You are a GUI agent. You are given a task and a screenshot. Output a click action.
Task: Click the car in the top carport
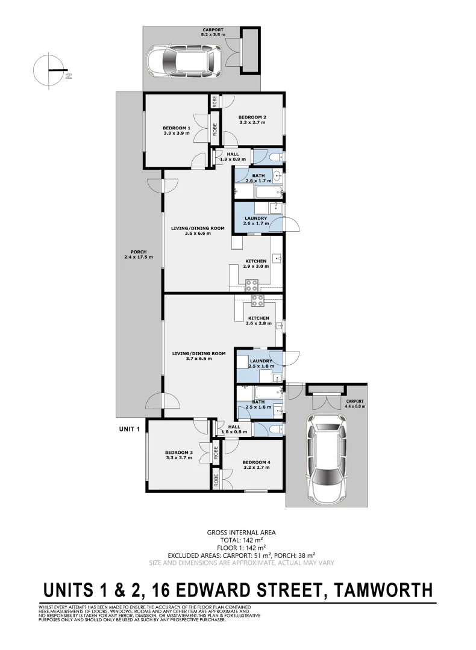(184, 60)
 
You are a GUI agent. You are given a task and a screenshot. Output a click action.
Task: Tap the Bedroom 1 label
(177, 131)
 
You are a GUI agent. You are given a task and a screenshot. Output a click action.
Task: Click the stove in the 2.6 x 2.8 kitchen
(257, 301)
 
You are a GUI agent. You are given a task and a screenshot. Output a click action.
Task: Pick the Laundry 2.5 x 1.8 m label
(260, 364)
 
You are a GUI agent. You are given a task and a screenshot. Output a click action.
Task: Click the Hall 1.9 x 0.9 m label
(233, 156)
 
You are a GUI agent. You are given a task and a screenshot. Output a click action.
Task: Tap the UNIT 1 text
(130, 429)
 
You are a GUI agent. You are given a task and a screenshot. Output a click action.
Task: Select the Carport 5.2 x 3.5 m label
(213, 32)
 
